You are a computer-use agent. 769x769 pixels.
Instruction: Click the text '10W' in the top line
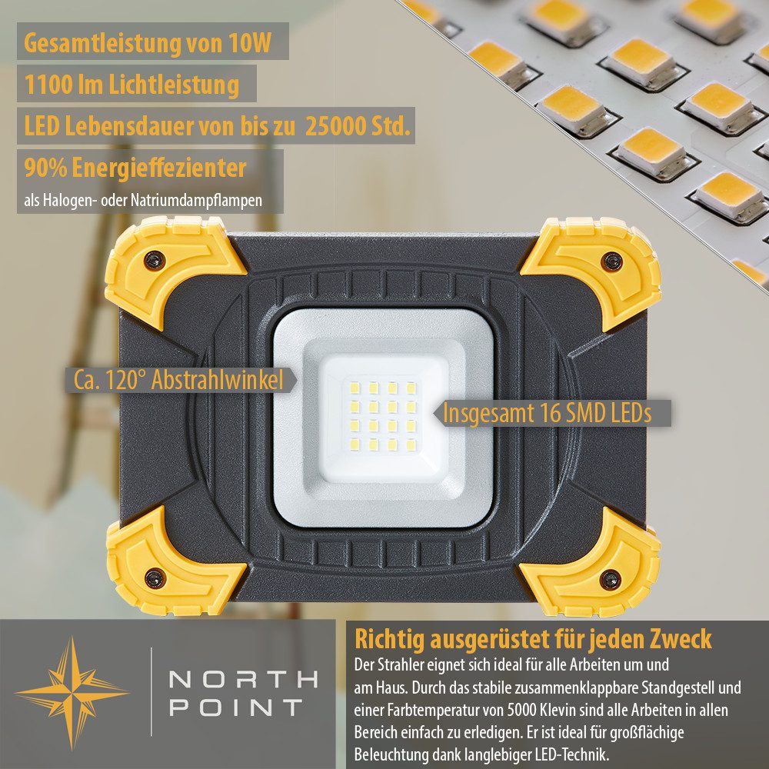pyautogui.click(x=249, y=42)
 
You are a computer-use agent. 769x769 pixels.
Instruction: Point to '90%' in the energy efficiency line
pyautogui.click(x=42, y=167)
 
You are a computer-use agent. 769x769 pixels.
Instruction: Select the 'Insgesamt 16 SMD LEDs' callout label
pyautogui.click(x=547, y=413)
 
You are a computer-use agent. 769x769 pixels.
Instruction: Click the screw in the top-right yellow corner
pyautogui.click(x=611, y=261)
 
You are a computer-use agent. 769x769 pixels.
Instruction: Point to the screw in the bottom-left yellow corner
pyautogui.click(x=155, y=575)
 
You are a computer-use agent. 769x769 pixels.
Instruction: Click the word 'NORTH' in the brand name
pyautogui.click(x=242, y=679)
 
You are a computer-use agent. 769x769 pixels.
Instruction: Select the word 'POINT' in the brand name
pyautogui.click(x=235, y=707)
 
